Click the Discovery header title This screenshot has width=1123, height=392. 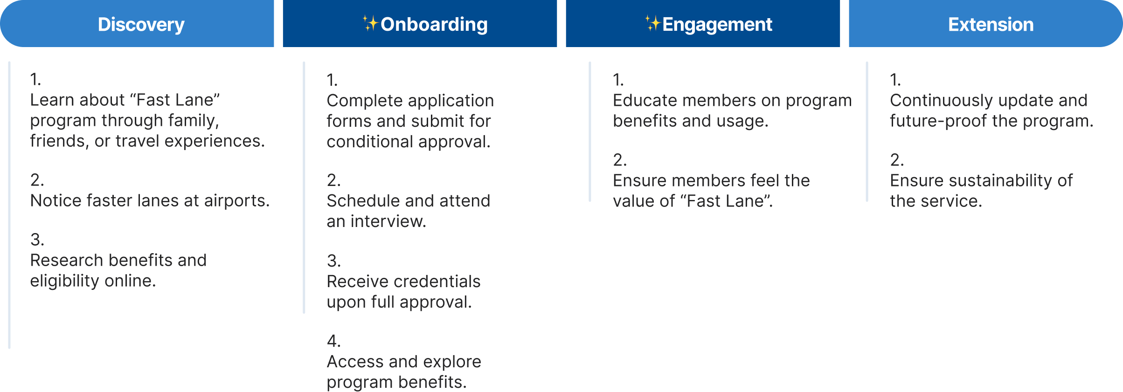(141, 24)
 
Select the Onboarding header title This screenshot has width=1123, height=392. (434, 24)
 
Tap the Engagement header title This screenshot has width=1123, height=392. (717, 24)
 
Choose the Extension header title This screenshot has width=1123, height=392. (991, 24)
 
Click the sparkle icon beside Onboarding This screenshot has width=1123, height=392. (370, 23)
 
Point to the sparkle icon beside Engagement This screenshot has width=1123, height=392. (652, 23)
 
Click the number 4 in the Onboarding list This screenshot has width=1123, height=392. (333, 341)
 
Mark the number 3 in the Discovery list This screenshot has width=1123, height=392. (36, 240)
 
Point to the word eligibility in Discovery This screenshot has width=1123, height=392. (64, 281)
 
